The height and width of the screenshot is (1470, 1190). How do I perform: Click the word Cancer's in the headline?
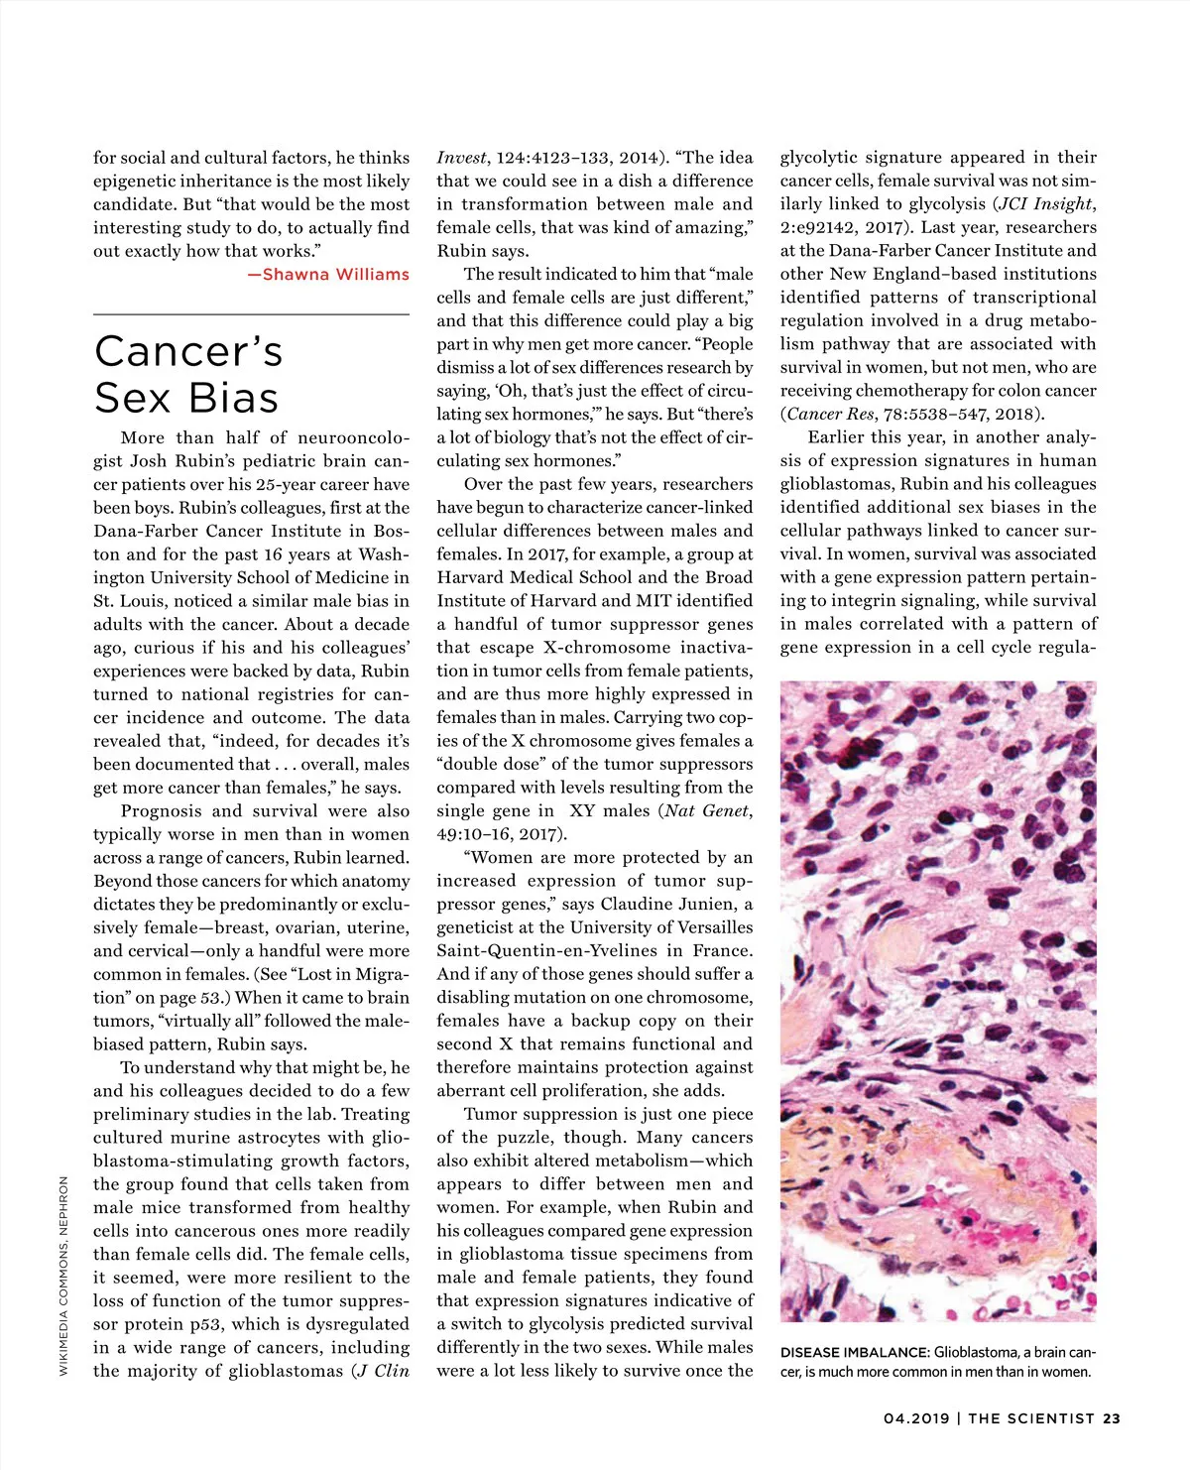pyautogui.click(x=188, y=352)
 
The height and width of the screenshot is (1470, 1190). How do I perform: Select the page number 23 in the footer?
pyautogui.click(x=1111, y=1418)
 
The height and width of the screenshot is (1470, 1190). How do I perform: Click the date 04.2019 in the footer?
pyautogui.click(x=915, y=1418)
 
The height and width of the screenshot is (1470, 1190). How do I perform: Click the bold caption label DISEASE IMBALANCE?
pyautogui.click(x=854, y=1353)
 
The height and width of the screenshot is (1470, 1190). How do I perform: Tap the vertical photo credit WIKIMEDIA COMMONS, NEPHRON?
pyautogui.click(x=64, y=1276)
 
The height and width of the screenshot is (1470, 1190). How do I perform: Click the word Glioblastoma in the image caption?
pyautogui.click(x=976, y=1353)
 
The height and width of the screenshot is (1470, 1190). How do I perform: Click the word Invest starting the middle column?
pyautogui.click(x=461, y=158)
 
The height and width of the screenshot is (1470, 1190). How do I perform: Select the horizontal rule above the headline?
pyautogui.click(x=251, y=314)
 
